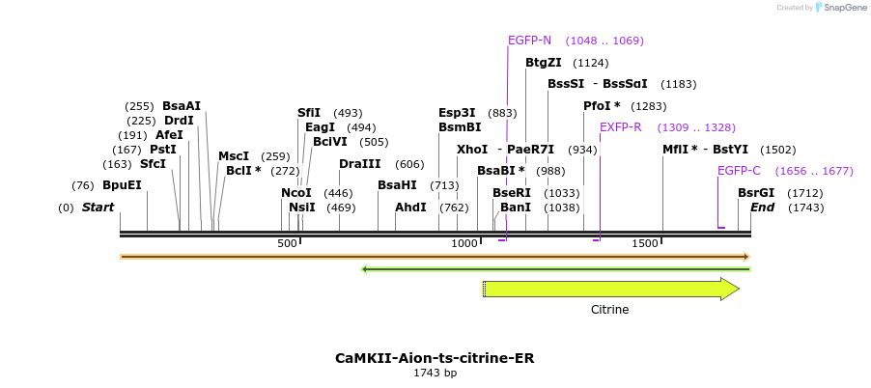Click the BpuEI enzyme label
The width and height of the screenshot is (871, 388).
coord(122,185)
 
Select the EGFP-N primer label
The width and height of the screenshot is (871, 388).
coord(529,41)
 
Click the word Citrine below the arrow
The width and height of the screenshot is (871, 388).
coord(609,310)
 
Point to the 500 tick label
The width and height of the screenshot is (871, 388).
coord(287,243)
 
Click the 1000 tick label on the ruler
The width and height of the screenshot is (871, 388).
coord(464,243)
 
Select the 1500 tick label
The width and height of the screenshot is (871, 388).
coord(644,243)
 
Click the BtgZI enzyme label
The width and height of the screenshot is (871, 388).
coord(543,63)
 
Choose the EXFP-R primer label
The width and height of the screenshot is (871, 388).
coord(620,127)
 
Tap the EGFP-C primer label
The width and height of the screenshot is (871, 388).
coord(739,171)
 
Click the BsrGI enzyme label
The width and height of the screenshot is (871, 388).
coord(756,193)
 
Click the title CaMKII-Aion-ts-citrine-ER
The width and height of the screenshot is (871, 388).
coord(435,358)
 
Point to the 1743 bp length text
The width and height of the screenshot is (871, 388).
coord(435,373)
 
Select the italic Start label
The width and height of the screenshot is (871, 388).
coord(98,208)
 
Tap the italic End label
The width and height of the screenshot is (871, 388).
coord(762,208)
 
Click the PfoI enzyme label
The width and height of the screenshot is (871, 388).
coord(602,106)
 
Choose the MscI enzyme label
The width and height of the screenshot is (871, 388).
coord(234,156)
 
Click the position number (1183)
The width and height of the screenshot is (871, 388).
coord(679,84)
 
